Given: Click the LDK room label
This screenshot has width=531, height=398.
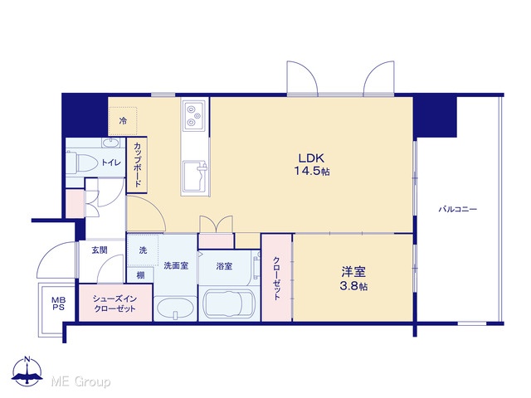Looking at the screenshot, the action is (311, 158).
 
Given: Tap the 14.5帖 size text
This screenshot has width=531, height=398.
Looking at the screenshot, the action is (312, 172).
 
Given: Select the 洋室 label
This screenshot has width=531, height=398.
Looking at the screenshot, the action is (353, 272).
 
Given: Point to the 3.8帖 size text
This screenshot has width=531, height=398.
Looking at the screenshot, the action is (353, 286).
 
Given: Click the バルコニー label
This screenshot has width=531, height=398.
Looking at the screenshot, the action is (458, 210).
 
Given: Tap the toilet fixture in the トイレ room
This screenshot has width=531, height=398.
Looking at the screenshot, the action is (80, 163).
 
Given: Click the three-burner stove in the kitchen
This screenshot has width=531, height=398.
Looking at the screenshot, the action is (194, 115).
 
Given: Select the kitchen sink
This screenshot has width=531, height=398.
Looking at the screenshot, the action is (194, 177).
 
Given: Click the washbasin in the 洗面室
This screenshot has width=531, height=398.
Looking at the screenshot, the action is (175, 308).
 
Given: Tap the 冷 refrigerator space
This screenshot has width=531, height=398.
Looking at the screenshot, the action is (123, 121).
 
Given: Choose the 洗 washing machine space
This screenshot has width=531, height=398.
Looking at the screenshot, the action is (143, 250).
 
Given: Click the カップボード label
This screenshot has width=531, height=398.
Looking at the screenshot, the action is (138, 165).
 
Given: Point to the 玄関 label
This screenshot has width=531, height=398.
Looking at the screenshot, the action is (100, 250).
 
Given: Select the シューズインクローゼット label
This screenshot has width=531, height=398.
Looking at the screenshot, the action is (114, 303).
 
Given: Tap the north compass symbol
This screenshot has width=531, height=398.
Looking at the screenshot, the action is (27, 371).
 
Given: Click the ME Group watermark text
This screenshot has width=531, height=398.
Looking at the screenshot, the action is (80, 381).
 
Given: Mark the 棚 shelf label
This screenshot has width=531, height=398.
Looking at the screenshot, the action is (140, 275).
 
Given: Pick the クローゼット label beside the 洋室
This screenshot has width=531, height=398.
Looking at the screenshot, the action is (276, 279).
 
